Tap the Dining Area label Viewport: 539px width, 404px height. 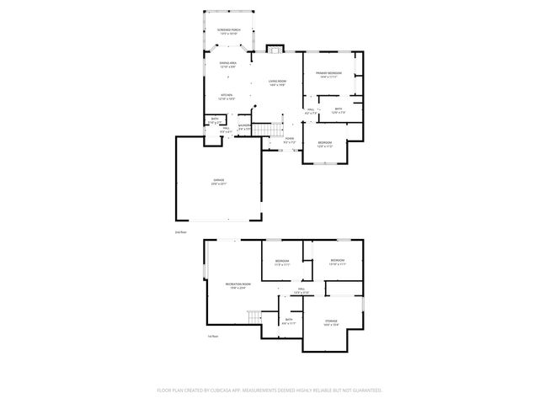(x=227, y=65)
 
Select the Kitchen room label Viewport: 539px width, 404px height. (x=227, y=97)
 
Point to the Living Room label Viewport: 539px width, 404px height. (x=278, y=82)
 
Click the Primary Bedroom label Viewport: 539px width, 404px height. (x=328, y=75)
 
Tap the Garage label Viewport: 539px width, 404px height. (x=218, y=182)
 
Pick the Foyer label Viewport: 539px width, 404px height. (x=289, y=140)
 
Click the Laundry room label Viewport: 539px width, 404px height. (x=244, y=127)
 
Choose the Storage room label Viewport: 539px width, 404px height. (x=332, y=322)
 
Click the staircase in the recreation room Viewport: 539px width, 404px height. (x=253, y=317)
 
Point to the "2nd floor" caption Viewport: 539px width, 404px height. (x=179, y=231)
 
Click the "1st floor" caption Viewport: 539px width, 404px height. (x=213, y=337)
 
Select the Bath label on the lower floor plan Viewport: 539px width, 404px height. (x=289, y=321)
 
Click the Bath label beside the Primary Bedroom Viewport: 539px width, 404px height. (x=338, y=109)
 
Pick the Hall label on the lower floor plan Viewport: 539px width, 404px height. (x=301, y=291)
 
